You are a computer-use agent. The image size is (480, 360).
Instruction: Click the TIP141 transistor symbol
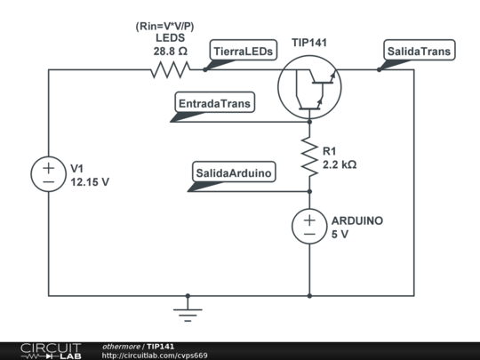pyautogui.click(x=309, y=85)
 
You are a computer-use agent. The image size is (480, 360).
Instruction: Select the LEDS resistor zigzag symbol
pyautogui.click(x=171, y=69)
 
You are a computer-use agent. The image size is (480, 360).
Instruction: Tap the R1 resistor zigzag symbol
pyautogui.click(x=309, y=156)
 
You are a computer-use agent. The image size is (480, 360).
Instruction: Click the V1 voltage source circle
pyautogui.click(x=49, y=173)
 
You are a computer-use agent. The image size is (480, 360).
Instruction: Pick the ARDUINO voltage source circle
pyautogui.click(x=309, y=226)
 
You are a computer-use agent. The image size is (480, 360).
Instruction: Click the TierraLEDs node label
pyautogui.click(x=243, y=52)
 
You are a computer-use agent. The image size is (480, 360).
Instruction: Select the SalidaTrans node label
pyautogui.click(x=418, y=52)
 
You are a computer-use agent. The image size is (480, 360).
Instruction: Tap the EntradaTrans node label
pyautogui.click(x=215, y=104)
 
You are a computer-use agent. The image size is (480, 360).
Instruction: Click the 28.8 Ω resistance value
pyautogui.click(x=171, y=52)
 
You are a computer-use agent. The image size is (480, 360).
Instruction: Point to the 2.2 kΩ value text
pyautogui.click(x=340, y=164)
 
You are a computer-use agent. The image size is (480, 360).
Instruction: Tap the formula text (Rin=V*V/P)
pyautogui.click(x=171, y=25)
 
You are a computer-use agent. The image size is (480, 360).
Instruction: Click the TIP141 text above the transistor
pyautogui.click(x=308, y=43)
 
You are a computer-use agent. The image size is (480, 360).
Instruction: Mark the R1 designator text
pyautogui.click(x=330, y=150)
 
